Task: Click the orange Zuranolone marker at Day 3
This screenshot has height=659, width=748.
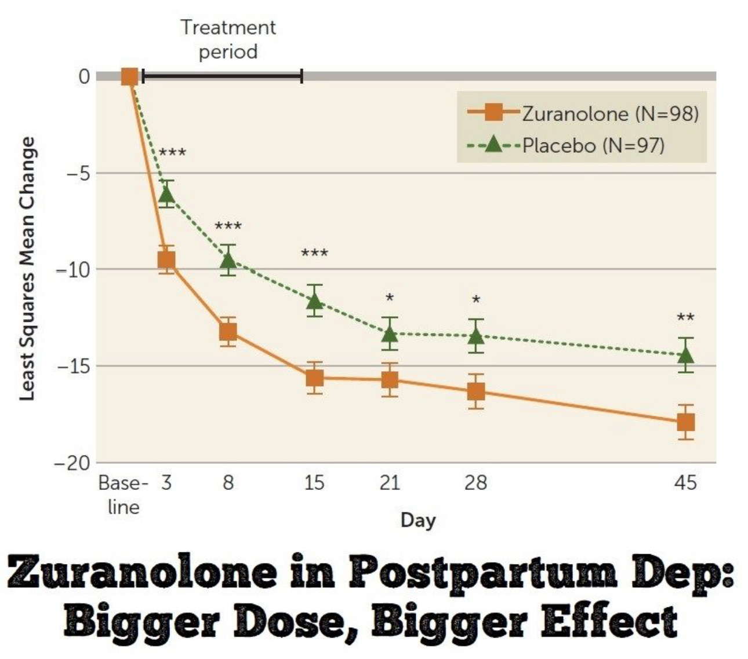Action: click(x=166, y=259)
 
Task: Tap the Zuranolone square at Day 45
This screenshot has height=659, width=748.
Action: click(x=685, y=422)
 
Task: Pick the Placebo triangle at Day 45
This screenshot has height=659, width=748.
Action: click(x=685, y=354)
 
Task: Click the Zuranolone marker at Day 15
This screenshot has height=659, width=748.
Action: click(x=314, y=378)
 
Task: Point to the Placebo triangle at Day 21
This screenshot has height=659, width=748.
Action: click(x=390, y=334)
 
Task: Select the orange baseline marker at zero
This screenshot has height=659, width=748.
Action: click(x=129, y=76)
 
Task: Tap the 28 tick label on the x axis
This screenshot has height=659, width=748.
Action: click(x=475, y=482)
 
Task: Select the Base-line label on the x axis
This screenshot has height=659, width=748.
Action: click(x=124, y=495)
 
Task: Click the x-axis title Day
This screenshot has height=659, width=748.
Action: click(x=417, y=520)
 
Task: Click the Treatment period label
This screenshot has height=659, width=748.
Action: click(x=228, y=39)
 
